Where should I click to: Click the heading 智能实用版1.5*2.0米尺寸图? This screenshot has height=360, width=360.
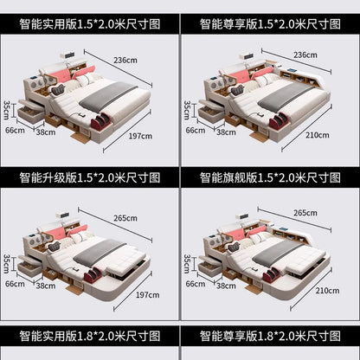90,24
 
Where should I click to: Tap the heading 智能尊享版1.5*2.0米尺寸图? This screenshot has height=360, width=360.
270,24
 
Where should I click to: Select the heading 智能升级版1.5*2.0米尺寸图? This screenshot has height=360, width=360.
90,177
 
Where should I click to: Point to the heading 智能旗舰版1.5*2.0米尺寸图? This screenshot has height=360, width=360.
270,177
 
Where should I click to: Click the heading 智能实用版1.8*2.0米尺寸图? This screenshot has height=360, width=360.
90,336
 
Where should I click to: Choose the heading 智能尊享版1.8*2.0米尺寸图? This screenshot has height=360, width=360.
270,336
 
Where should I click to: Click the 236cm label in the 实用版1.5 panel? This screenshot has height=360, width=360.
125,61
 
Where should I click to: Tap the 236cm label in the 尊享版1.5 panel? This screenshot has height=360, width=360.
305,55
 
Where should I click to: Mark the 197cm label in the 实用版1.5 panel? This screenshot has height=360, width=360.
140,136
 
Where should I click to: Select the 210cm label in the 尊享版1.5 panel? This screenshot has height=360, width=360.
318,135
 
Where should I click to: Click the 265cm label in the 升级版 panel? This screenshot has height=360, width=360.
125,218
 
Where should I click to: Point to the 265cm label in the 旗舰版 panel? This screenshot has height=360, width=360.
305,213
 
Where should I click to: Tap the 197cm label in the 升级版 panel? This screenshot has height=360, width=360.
147,295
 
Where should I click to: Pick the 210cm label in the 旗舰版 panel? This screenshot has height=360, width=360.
327,291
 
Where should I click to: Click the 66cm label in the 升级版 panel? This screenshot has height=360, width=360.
15,284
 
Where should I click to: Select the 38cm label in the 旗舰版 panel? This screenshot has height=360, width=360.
226,286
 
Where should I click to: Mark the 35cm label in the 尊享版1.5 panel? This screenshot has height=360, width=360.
187,110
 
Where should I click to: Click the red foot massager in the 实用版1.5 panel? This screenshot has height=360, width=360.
101,120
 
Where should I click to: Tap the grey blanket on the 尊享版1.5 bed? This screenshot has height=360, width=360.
286,98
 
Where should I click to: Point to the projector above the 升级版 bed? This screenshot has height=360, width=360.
62,215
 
